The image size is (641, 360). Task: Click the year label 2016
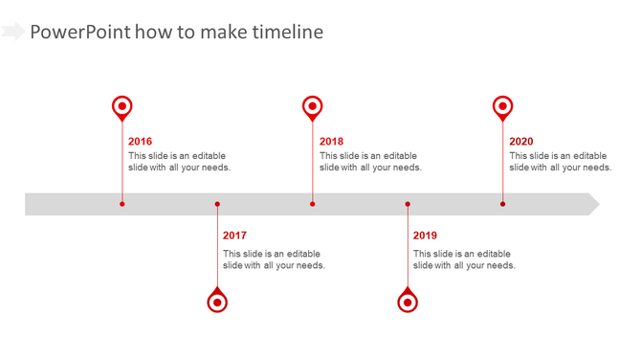(140, 142)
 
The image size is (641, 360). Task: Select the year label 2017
(234, 236)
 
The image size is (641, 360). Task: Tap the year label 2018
(331, 142)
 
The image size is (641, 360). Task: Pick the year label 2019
(425, 236)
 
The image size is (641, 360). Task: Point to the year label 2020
(521, 142)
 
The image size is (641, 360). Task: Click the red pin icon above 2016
(122, 106)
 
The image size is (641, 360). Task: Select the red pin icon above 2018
(312, 106)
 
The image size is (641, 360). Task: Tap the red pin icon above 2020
(502, 106)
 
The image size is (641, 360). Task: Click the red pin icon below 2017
(217, 302)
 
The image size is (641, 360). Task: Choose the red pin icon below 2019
(408, 302)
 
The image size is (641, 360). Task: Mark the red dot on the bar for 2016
(122, 204)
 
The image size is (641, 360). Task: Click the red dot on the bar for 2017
(217, 204)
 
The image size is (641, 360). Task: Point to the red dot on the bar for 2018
(312, 204)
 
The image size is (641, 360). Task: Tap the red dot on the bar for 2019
(408, 204)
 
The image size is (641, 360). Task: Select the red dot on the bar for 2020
(502, 204)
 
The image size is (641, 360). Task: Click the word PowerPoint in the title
(79, 33)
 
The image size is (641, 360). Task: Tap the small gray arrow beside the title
(12, 33)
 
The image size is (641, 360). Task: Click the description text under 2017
(274, 259)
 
